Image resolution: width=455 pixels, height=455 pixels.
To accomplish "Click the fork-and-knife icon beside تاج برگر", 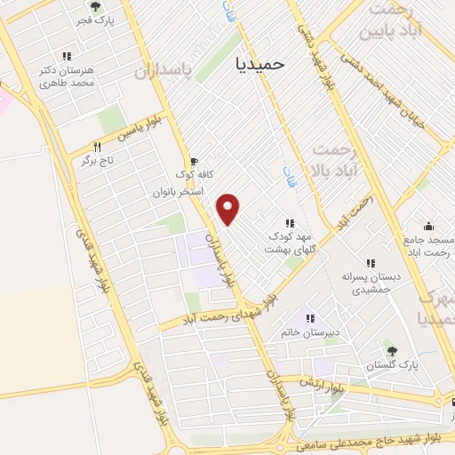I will (98, 147).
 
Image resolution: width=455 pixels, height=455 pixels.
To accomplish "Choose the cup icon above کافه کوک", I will (193, 161).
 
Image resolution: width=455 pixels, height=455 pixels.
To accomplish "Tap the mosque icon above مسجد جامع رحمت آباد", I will (428, 226).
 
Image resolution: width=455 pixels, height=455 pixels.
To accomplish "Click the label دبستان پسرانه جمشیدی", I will (376, 283).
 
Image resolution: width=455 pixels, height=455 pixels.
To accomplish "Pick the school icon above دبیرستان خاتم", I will (310, 317).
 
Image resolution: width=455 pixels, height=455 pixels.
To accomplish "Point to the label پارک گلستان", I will (395, 365).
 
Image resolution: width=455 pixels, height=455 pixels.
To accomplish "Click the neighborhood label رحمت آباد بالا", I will (335, 159).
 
